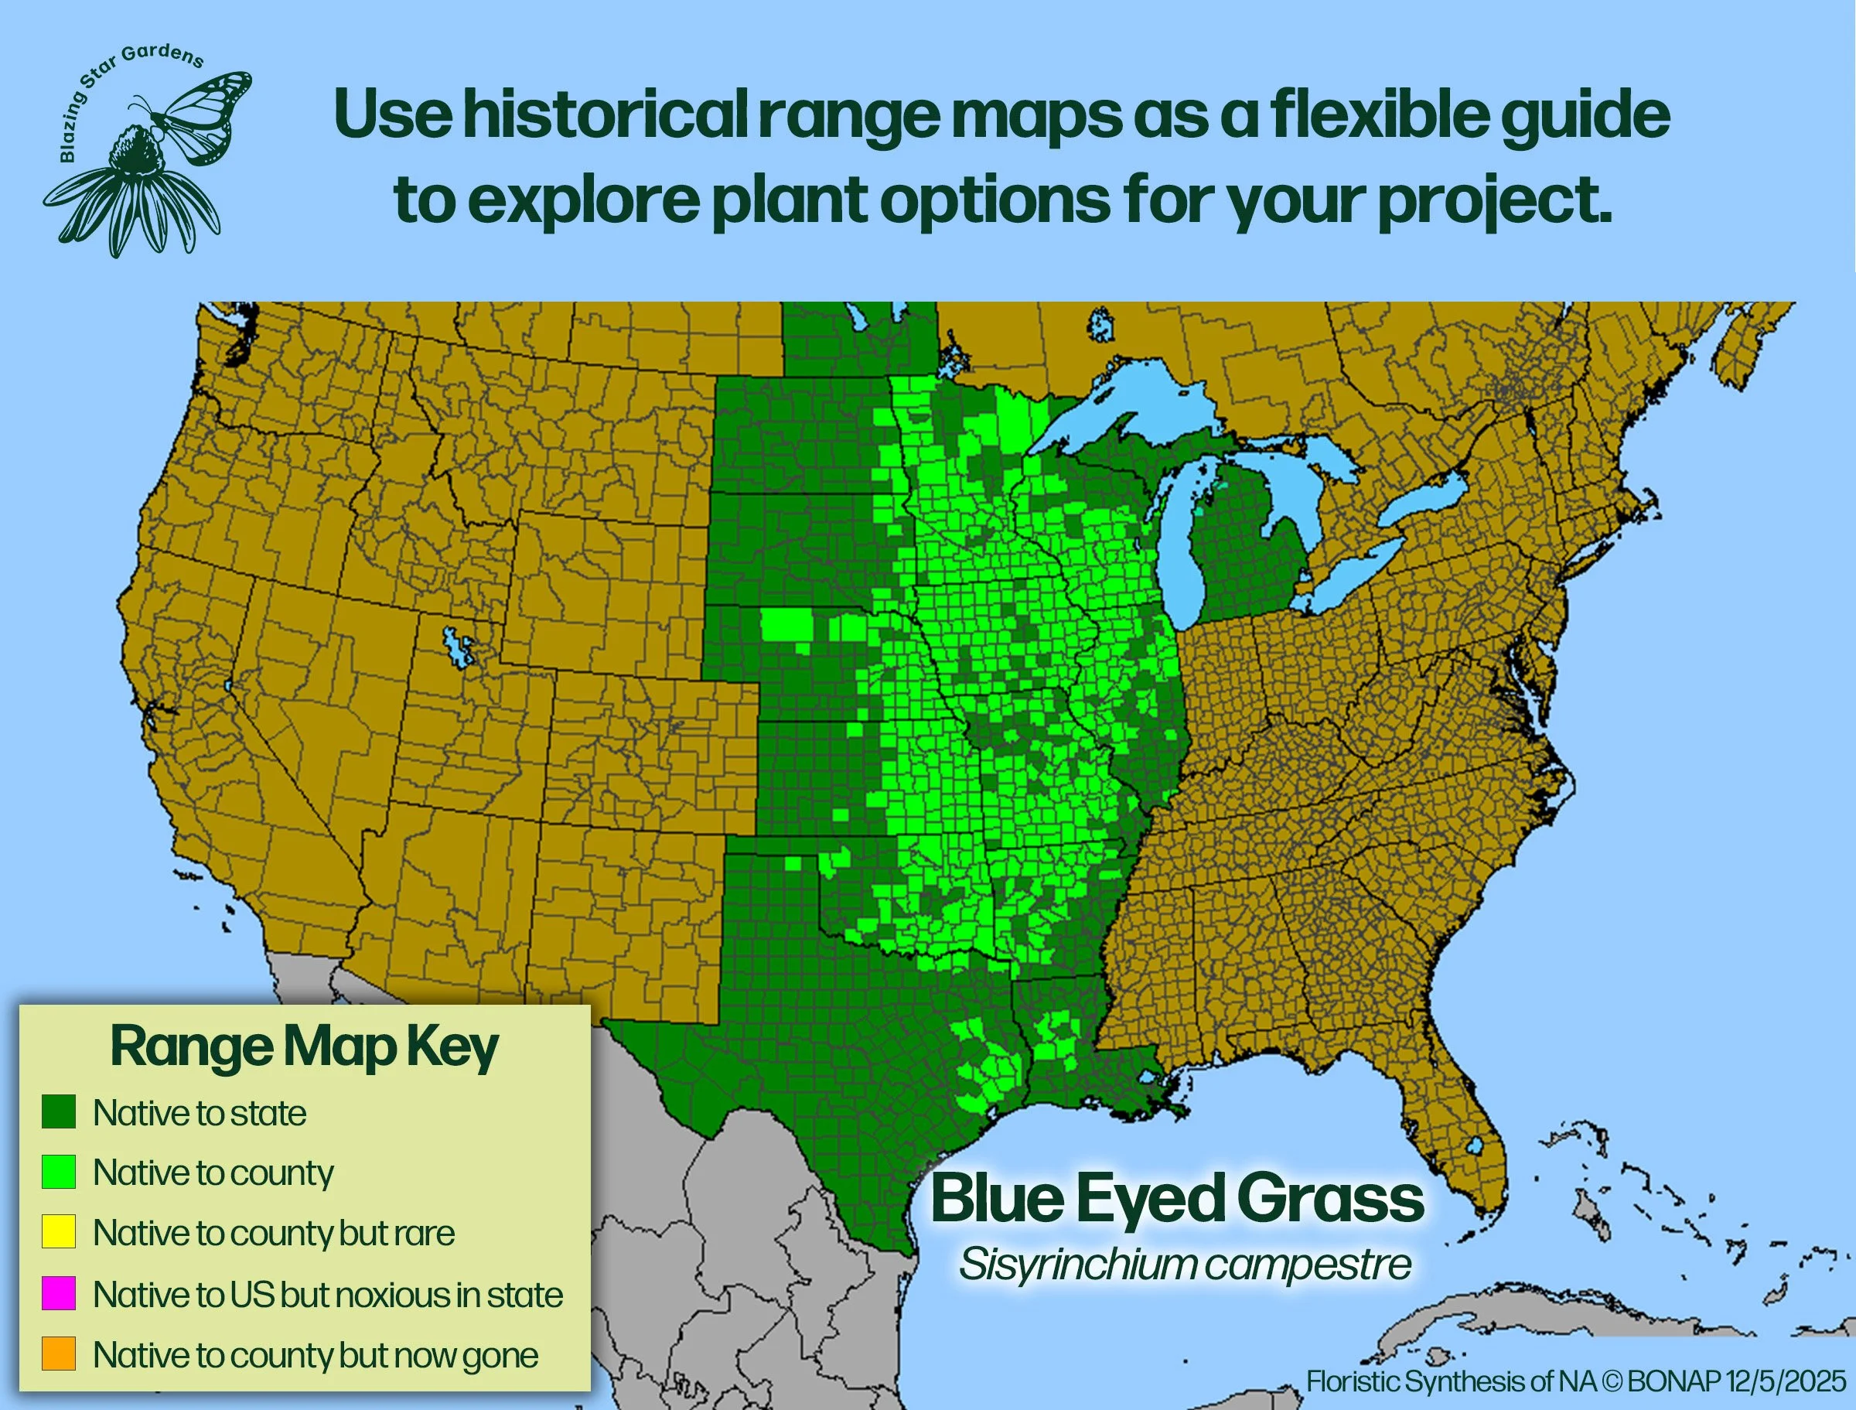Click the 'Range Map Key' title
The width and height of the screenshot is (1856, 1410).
coord(305,1046)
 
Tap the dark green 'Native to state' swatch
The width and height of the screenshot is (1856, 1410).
coord(59,1111)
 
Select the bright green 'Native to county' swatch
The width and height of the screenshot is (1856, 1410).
coord(59,1172)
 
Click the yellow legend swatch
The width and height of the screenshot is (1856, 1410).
coord(59,1231)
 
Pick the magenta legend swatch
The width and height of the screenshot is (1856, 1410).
coord(59,1292)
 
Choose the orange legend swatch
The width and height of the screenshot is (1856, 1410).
coord(59,1353)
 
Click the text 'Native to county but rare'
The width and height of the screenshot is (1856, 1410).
coord(274,1233)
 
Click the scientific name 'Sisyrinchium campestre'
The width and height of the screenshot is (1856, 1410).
coord(1185,1264)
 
